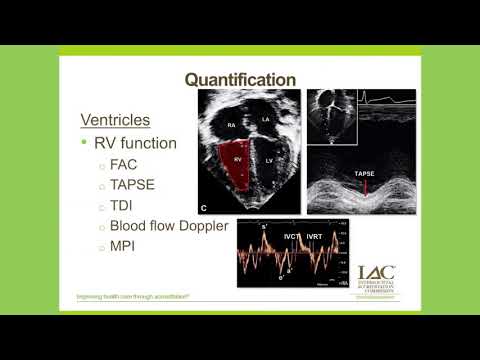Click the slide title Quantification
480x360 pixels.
tap(240, 79)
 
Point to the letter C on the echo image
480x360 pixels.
tap(204, 208)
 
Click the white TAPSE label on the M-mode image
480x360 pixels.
tap(366, 174)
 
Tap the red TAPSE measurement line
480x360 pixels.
tap(366, 186)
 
